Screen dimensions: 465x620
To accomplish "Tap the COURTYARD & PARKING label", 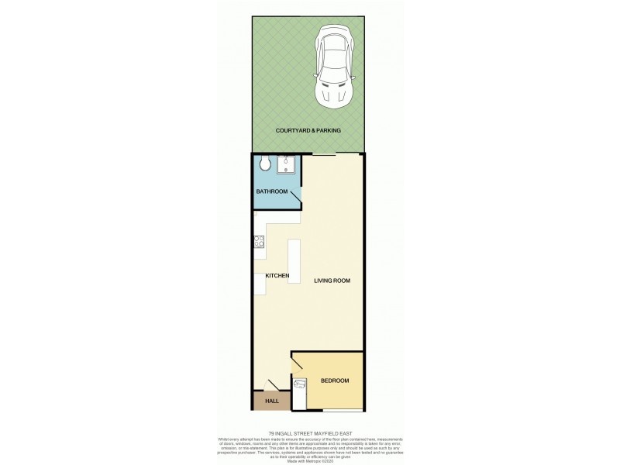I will [308, 131].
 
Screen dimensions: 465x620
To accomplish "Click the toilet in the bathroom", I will [264, 164].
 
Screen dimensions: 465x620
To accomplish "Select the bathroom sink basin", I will [287, 164].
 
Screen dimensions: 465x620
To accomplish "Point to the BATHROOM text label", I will [272, 191].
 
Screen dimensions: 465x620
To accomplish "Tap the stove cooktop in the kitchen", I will [258, 243].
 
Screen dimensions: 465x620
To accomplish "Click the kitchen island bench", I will [294, 260].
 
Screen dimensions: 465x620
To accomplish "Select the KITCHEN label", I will [277, 276].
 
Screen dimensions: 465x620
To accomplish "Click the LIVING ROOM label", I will [332, 281].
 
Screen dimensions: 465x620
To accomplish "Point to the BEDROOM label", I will [335, 381].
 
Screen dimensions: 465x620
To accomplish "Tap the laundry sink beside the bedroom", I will [300, 385].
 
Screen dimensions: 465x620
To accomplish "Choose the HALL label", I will [272, 401].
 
